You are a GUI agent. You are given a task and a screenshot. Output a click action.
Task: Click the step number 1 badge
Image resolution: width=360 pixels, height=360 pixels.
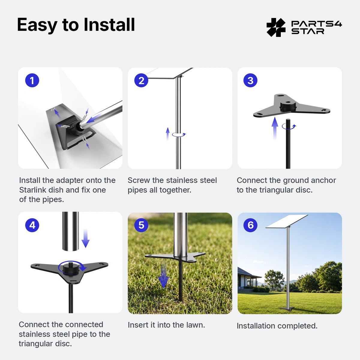coord(32,80)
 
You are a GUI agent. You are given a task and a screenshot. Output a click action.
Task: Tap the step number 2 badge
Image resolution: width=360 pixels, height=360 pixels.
coord(141,80)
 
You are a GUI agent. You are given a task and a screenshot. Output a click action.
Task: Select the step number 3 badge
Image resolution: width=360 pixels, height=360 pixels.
coord(250,80)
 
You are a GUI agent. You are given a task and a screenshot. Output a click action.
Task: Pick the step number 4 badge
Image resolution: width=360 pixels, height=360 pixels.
coord(32,225)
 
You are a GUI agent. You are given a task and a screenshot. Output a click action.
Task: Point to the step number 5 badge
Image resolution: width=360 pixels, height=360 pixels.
coord(141,225)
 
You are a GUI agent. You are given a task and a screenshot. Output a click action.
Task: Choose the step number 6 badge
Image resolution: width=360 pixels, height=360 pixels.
coord(250,225)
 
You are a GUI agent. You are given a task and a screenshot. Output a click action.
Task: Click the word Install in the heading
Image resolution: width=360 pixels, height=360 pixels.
coord(109,25)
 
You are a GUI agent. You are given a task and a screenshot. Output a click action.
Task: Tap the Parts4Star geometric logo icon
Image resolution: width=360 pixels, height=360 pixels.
coord(276,28)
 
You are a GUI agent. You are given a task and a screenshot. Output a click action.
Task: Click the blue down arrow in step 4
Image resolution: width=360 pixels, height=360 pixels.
coord(85,238)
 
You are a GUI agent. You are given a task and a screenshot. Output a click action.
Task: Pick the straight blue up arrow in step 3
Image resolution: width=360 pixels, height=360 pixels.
coord(274,128)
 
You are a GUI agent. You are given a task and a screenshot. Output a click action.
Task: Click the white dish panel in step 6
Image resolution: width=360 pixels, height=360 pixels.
coord(287,221)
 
